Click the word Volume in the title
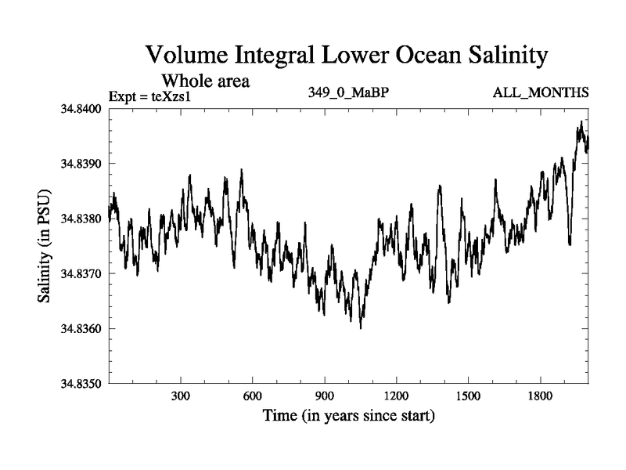point(187,56)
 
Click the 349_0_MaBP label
point(349,93)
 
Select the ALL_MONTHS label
point(540,93)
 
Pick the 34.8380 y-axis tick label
point(81,219)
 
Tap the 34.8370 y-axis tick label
point(81,273)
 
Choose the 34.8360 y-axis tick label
point(81,328)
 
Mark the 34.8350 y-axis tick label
point(81,383)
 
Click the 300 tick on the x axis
point(181,396)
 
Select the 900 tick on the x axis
point(325,396)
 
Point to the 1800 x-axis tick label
point(540,396)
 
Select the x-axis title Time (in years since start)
point(348,415)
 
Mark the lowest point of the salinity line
point(361,328)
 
